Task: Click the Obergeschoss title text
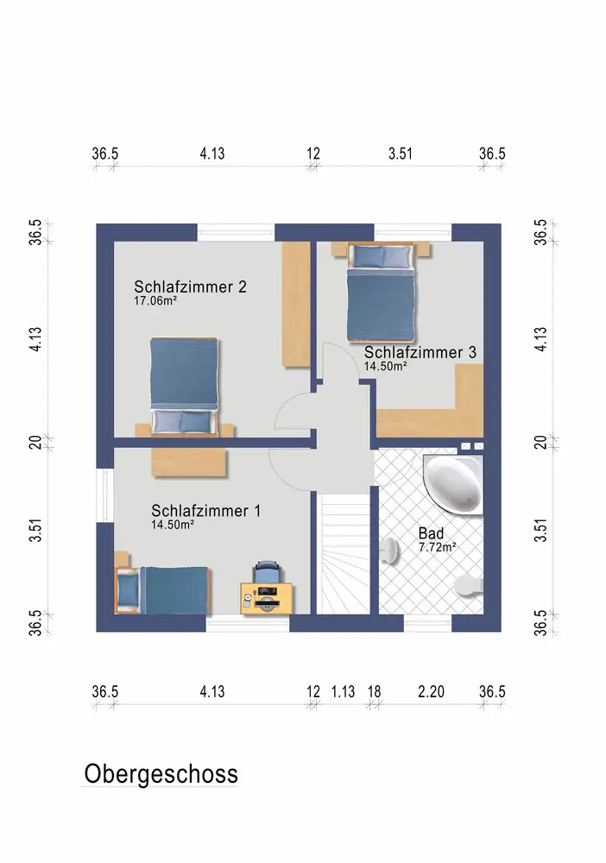(x=161, y=773)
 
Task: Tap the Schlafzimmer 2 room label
(x=191, y=287)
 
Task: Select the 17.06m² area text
(x=155, y=300)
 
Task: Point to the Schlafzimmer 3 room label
(x=420, y=352)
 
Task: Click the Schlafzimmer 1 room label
(x=205, y=511)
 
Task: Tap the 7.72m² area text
(x=438, y=547)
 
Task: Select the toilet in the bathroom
(x=470, y=584)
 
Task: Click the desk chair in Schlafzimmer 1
(x=267, y=570)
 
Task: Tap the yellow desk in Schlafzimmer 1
(x=267, y=598)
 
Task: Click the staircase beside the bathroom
(x=345, y=554)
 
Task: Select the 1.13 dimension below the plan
(x=343, y=691)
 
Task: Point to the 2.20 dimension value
(x=431, y=691)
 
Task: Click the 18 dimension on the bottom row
(x=375, y=691)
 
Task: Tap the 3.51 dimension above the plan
(x=401, y=154)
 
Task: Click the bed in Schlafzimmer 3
(x=381, y=293)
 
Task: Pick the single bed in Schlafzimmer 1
(x=161, y=590)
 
